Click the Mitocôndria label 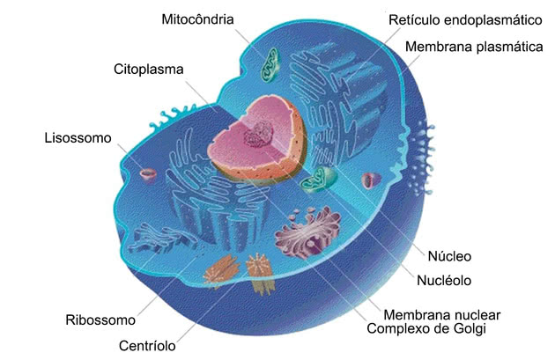197,19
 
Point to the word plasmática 509,47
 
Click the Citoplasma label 149,70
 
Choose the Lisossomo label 78,138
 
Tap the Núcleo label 449,256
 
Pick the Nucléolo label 444,281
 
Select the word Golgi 470,329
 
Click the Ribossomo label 100,320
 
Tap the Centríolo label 147,346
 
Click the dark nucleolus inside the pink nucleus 258,135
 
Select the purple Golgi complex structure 307,231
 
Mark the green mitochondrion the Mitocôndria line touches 270,65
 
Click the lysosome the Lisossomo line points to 148,174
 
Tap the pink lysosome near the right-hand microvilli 370,180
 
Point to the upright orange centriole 260,274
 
